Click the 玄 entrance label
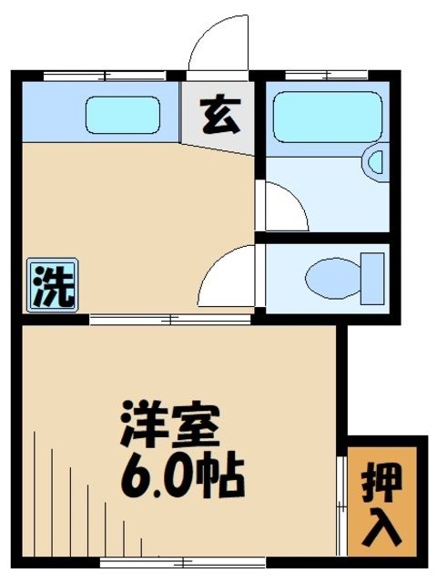[x=216, y=117]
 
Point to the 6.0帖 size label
[x=183, y=473]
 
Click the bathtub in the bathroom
[x=324, y=117]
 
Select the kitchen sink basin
[x=123, y=115]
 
